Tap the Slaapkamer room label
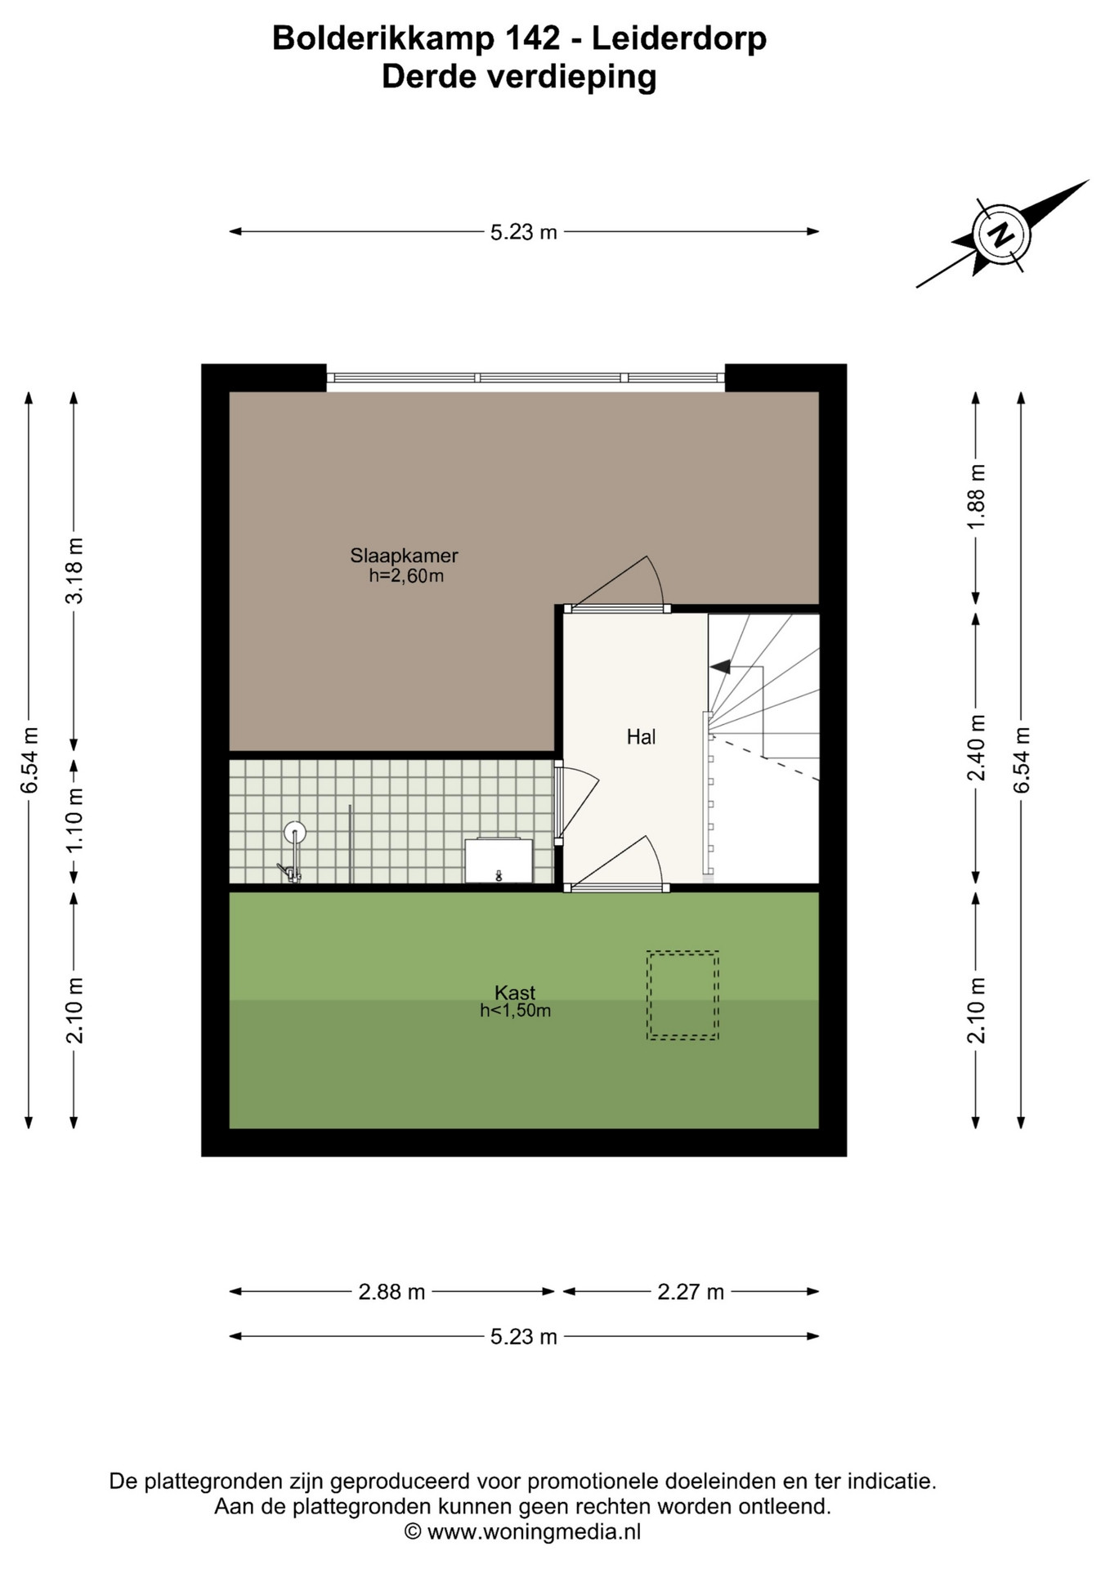404,556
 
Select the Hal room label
641,737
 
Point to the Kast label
515,993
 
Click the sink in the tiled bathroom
499,860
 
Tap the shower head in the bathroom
294,833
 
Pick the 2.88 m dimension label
392,1292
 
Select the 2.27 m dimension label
691,1292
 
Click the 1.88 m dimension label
976,496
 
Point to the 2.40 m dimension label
976,747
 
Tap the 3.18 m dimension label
74,570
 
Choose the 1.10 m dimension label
74,820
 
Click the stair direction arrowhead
720,667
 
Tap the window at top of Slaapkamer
526,378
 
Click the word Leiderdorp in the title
678,38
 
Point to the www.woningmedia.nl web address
534,1531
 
